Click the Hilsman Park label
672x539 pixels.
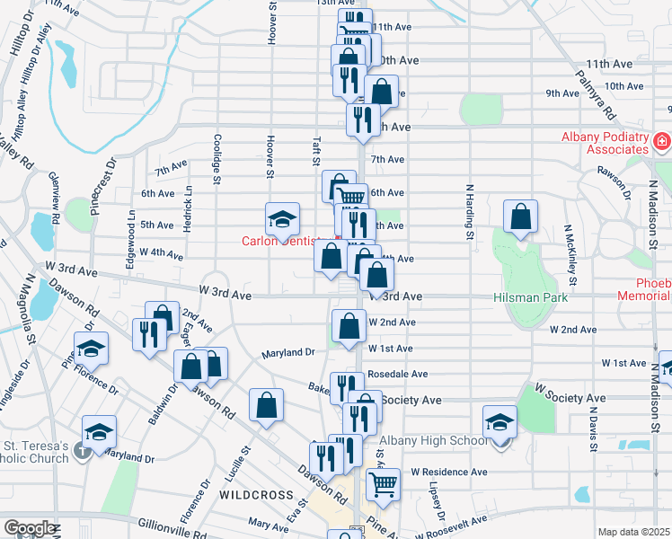[x=532, y=296]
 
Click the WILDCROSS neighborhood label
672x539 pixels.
[x=255, y=495]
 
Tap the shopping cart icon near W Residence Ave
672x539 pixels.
[x=383, y=483]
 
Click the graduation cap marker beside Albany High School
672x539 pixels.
[x=500, y=421]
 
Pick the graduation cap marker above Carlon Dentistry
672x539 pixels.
[x=282, y=218]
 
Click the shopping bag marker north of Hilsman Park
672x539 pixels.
[x=520, y=216]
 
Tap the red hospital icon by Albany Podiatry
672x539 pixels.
[x=662, y=142]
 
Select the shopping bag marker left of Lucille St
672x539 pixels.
[x=267, y=405]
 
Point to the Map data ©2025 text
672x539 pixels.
[x=634, y=532]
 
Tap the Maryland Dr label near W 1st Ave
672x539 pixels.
[x=288, y=353]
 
